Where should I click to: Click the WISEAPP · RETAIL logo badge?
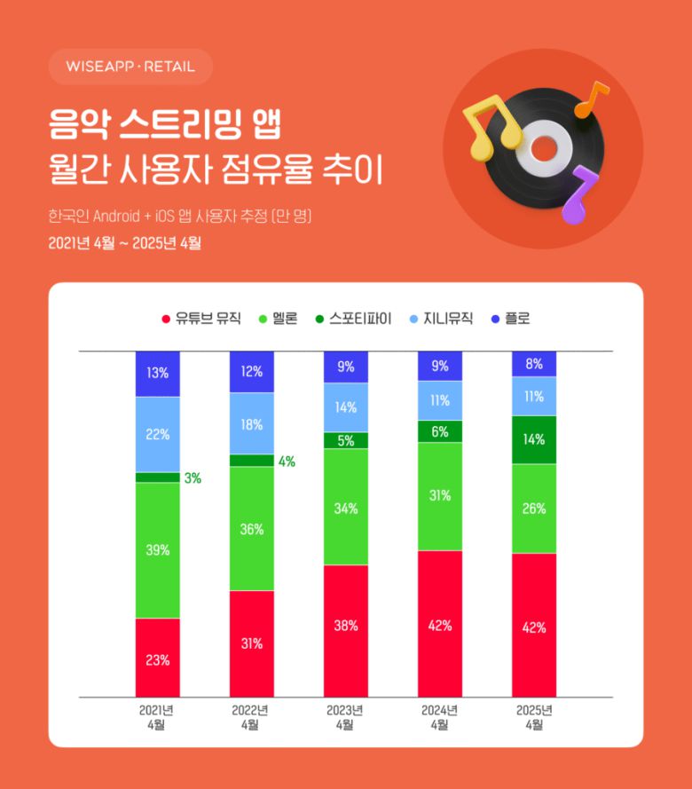130,67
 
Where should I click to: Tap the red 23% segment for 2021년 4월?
158,658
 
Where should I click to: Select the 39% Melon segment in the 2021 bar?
158,550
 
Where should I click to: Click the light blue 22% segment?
158,434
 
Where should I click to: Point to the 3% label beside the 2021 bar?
193,478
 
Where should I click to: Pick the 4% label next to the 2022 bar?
287,462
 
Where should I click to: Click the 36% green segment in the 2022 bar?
252,529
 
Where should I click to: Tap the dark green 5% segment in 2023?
346,440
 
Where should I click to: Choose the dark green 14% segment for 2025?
534,439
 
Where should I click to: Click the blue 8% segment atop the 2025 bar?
534,364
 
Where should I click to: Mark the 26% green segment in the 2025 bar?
534,509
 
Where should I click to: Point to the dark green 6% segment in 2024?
440,430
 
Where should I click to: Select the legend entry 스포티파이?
351,318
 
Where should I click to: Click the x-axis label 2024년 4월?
439,717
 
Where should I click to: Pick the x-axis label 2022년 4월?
251,717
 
